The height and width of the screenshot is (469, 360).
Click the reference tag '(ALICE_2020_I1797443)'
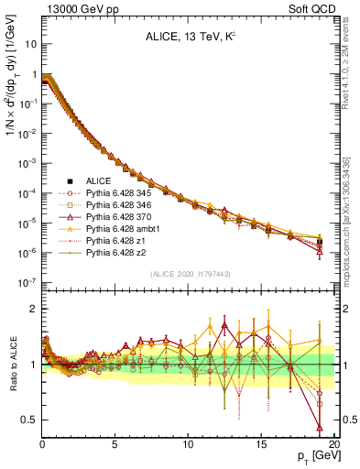[183, 272]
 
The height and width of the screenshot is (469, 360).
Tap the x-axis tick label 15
[262, 443]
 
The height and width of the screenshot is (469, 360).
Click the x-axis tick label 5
[115, 443]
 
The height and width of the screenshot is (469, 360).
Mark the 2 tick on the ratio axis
[33, 309]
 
